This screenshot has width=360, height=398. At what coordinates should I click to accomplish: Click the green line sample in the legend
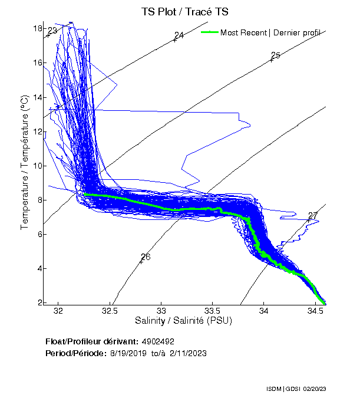pos(209,32)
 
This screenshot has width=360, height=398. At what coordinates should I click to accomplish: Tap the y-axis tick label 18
pos(37,28)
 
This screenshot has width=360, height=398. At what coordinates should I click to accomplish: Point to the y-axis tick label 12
pos(37,131)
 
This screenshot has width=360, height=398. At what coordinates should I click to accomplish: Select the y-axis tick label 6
pos(39,234)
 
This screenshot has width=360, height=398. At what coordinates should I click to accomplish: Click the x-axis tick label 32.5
pos(110,310)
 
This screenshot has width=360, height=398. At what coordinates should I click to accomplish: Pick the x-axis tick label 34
pos(264,310)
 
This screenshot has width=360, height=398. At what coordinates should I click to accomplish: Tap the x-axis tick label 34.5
pos(316,310)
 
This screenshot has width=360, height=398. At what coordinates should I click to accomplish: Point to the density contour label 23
pos(53,31)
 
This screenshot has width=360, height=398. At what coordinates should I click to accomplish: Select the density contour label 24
pos(179,35)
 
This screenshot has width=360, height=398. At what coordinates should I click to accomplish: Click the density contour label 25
pos(275,56)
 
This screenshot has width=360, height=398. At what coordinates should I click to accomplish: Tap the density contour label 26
pos(146,257)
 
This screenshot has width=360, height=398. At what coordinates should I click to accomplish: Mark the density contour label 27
pos(313,216)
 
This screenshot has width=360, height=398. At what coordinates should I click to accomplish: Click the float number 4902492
pos(158,341)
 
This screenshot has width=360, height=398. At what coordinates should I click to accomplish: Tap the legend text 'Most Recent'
pos(243,32)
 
